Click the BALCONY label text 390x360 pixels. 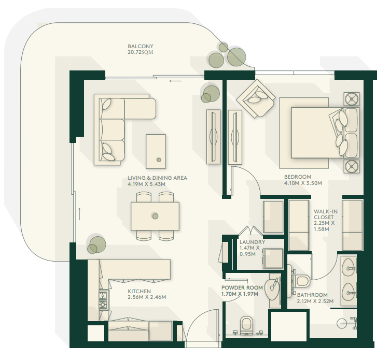point(140,47)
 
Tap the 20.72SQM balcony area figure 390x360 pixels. point(140,52)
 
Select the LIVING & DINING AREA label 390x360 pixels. point(157,178)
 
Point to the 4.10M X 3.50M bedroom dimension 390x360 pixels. point(303,183)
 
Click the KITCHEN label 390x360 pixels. point(140,291)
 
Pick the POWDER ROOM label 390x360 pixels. point(242,287)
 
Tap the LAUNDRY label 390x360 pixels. point(252,242)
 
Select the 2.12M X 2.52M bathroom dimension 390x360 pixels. point(315,301)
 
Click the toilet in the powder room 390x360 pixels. point(246,324)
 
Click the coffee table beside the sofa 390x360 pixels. point(156,152)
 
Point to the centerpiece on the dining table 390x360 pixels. point(155,216)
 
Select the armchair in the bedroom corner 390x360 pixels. point(256,98)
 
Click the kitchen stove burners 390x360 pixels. point(103,300)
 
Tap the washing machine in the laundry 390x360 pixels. point(273,258)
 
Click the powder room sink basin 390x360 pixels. point(272,289)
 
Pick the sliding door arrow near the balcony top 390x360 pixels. point(175,81)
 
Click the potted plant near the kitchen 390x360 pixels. point(96,245)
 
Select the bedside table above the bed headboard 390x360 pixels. point(352,99)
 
